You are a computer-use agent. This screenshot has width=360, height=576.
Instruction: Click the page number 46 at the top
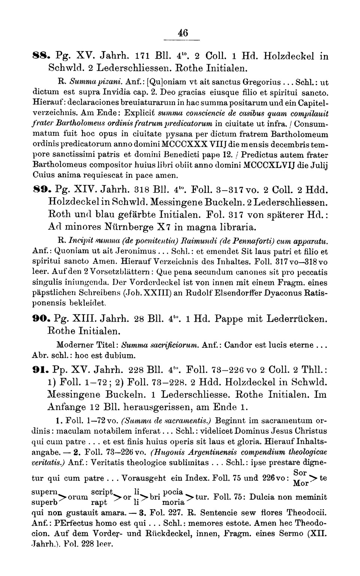(x=183, y=33)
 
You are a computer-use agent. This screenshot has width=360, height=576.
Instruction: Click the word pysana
(x=162, y=134)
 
